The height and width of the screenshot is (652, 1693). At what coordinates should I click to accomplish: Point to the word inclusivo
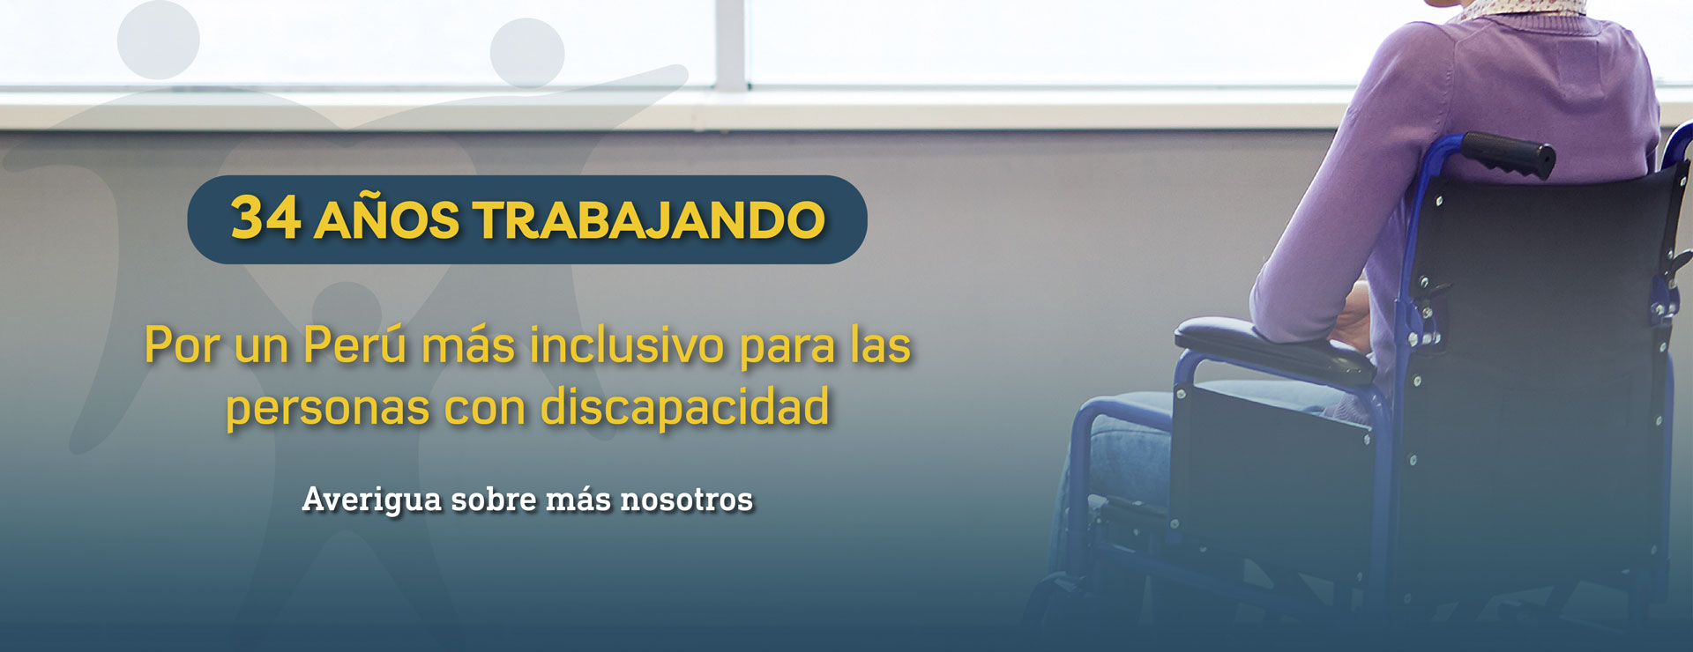pyautogui.click(x=627, y=345)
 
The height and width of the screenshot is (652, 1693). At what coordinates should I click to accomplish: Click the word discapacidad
pyautogui.click(x=685, y=407)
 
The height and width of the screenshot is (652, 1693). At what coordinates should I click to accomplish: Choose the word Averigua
pyautogui.click(x=371, y=500)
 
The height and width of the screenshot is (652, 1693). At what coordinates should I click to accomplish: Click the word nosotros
pyautogui.click(x=687, y=500)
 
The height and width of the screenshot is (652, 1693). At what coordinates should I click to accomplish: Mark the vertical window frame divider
pyautogui.click(x=731, y=44)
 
